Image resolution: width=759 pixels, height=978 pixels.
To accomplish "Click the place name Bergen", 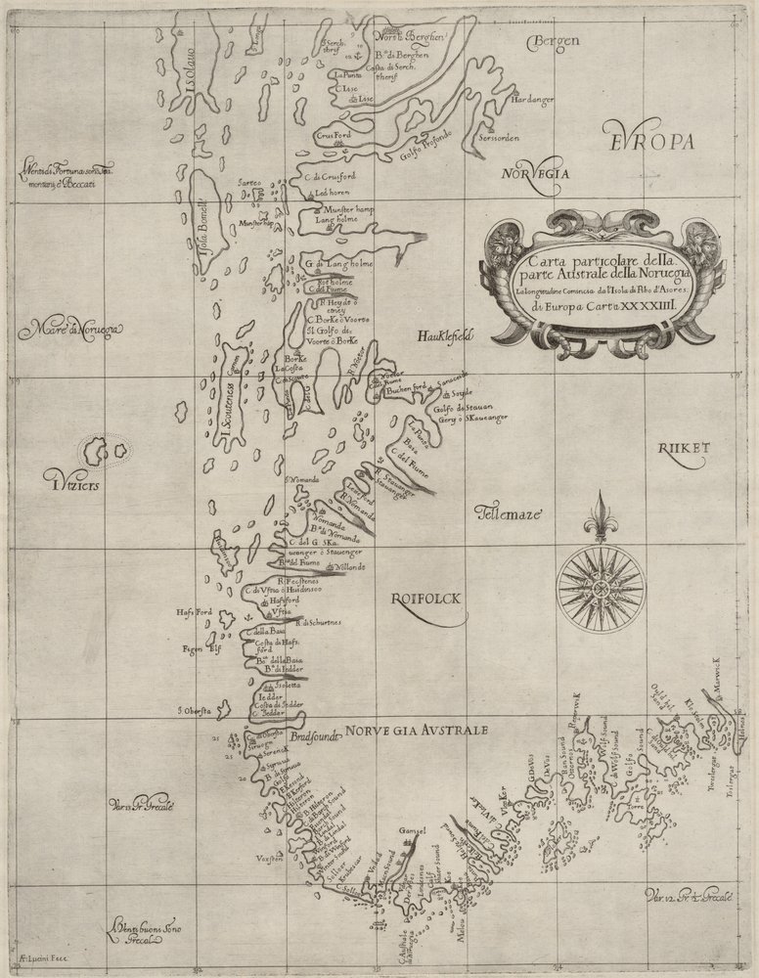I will [x=554, y=42].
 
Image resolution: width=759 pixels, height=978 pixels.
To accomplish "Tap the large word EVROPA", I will [x=647, y=141].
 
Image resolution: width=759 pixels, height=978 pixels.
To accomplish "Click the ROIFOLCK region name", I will [x=424, y=599].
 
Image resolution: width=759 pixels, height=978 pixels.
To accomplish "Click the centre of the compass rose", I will [x=601, y=588].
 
